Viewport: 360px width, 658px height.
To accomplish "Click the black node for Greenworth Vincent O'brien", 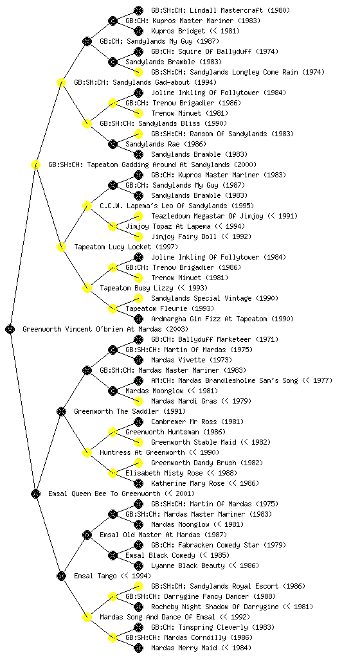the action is coord(10,329).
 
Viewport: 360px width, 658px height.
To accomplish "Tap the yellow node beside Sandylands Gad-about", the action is coord(61,82).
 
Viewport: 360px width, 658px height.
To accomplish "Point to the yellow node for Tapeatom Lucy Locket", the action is coord(61,247).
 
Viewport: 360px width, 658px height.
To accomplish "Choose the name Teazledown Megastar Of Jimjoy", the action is coord(207,216).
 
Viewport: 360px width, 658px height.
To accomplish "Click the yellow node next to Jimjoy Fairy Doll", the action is coord(138,236).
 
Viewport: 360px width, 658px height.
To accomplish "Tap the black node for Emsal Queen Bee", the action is coord(35,493).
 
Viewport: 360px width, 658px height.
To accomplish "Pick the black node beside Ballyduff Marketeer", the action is coord(138,339).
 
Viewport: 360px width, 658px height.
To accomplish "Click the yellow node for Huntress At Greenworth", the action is coord(87,452).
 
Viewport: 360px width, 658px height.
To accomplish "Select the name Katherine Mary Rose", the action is coord(188,483).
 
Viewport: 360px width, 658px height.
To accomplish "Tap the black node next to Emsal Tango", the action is coord(61,576).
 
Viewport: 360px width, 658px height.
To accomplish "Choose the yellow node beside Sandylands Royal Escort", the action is coord(138,586).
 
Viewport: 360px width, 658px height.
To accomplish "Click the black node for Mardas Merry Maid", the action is coord(138,648).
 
